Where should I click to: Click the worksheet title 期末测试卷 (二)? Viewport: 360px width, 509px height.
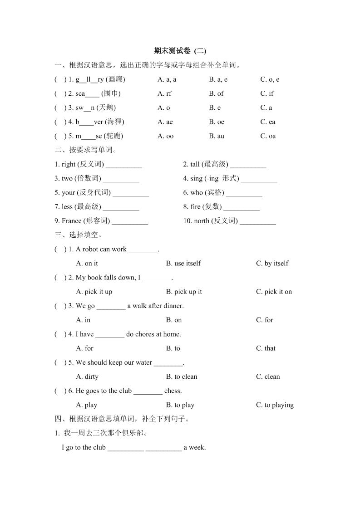point(180,51)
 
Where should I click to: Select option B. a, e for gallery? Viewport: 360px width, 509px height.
point(218,79)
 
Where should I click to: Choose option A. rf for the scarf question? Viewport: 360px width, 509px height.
point(164,93)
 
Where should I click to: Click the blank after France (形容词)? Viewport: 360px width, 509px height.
point(130,221)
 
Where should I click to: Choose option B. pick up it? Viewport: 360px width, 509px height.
point(184,292)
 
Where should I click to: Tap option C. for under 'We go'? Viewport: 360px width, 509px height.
point(265,320)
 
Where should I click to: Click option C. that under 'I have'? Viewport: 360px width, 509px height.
point(266,348)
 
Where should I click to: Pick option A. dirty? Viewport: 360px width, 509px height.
point(87,377)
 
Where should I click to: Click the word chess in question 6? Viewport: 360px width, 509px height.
point(173,391)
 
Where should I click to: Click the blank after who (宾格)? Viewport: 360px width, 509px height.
point(244,193)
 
